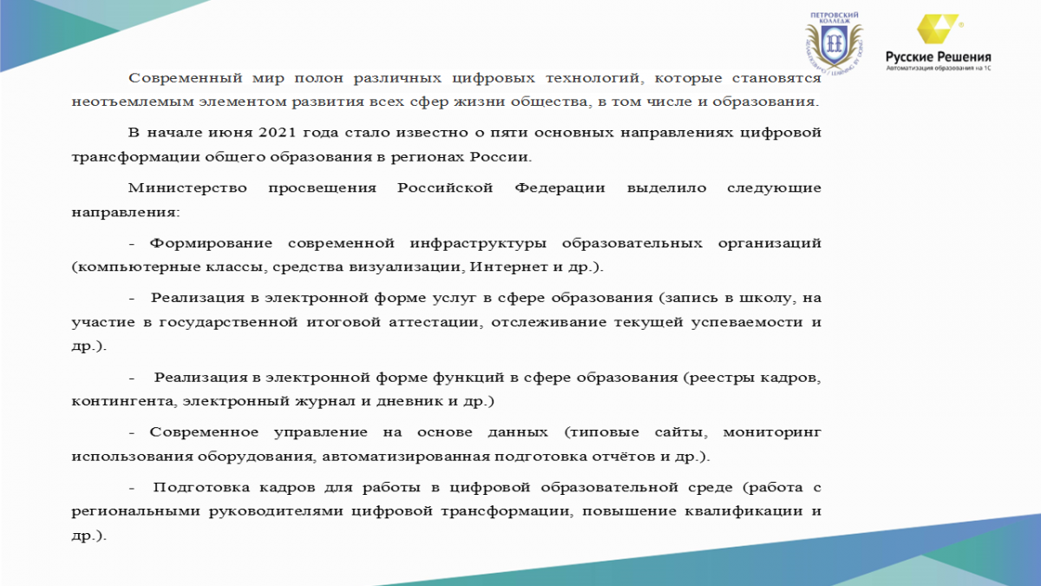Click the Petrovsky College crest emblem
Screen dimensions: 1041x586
(x=835, y=43)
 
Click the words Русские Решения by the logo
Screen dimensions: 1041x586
(x=939, y=57)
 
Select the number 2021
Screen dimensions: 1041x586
(x=278, y=133)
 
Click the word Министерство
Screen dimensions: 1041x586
(x=187, y=188)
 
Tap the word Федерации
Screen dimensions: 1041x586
(x=560, y=188)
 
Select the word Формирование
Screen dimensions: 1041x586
(x=211, y=243)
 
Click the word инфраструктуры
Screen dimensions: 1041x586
(x=478, y=243)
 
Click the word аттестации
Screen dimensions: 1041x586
(x=434, y=322)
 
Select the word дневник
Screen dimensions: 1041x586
(x=409, y=401)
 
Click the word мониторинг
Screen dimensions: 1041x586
(x=772, y=432)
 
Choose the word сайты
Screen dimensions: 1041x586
(x=681, y=432)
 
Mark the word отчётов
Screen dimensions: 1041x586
(x=623, y=457)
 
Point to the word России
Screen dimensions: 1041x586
(x=501, y=157)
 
